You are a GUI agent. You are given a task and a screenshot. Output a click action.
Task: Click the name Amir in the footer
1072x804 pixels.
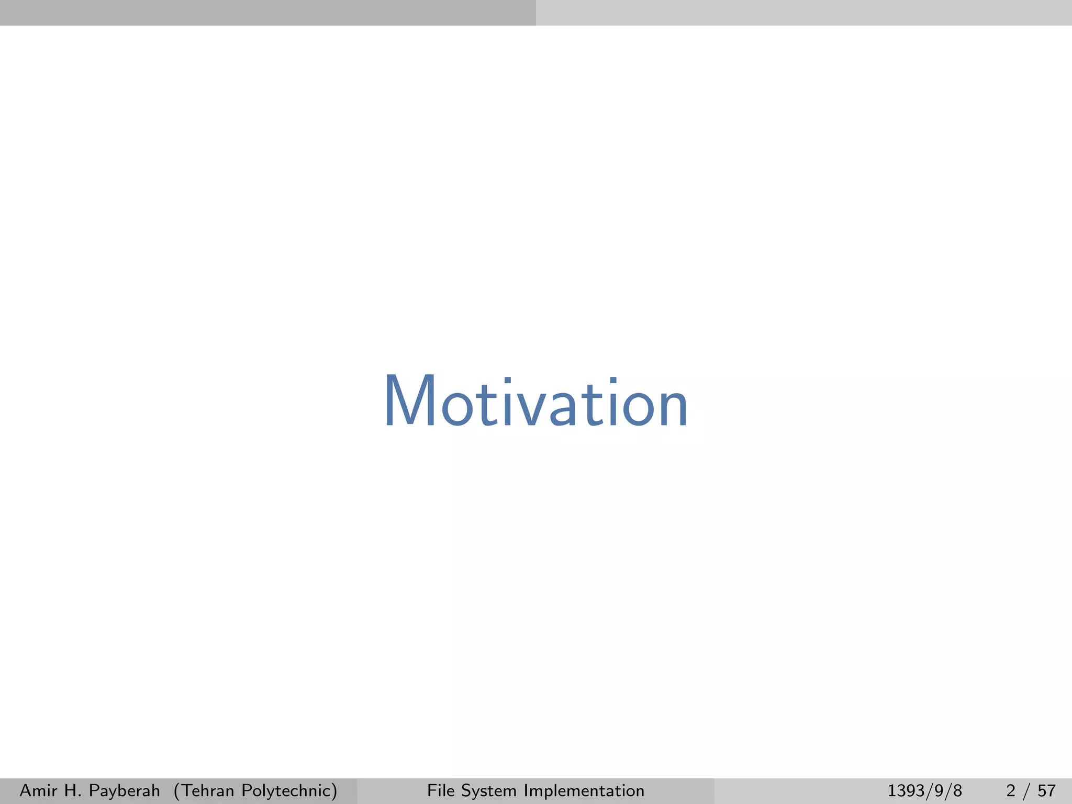(x=38, y=790)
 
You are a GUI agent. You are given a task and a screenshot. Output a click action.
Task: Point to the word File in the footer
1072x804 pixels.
(x=441, y=790)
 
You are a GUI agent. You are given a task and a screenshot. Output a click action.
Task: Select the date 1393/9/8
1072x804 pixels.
(x=924, y=791)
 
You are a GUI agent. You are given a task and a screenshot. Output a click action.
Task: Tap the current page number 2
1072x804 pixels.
(x=1011, y=790)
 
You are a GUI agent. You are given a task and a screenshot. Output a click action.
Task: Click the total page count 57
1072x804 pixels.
(x=1046, y=790)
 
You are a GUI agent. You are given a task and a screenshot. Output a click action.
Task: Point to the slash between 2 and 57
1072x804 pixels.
(x=1029, y=791)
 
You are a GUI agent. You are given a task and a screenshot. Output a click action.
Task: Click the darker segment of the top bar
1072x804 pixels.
(x=268, y=13)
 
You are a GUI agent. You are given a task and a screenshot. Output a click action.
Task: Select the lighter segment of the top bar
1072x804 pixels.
(x=804, y=13)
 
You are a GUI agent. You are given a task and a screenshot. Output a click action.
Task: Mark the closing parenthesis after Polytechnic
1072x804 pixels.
(x=334, y=791)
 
